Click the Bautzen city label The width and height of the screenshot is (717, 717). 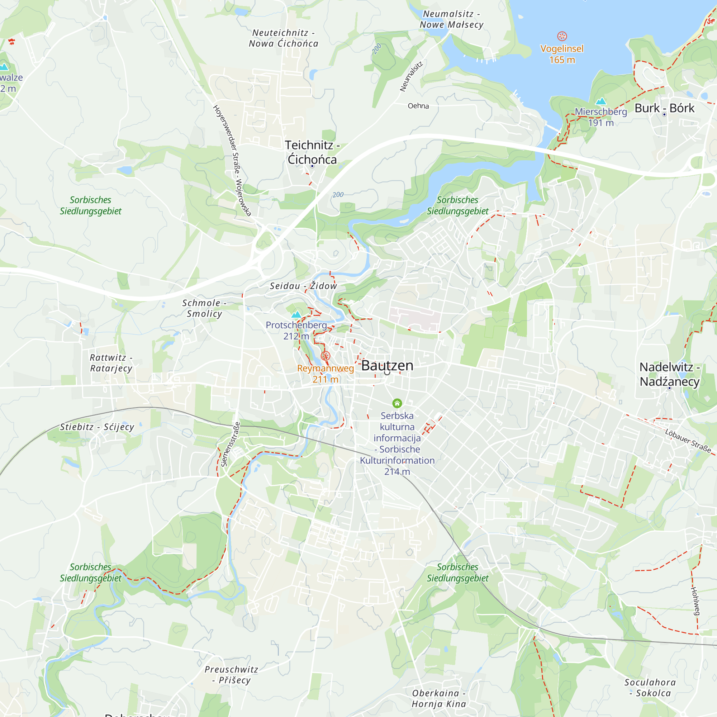click(387, 366)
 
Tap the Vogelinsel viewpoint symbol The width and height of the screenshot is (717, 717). click(562, 36)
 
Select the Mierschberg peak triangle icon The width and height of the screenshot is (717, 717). click(600, 101)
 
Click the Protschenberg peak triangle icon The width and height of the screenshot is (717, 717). click(296, 315)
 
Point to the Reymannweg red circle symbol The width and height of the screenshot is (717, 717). click(325, 356)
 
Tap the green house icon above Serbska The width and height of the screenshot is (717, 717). click(397, 403)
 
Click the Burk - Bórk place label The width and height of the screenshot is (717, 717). click(664, 108)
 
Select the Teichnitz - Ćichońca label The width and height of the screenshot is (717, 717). click(312, 152)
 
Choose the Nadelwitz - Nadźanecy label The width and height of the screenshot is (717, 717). click(669, 374)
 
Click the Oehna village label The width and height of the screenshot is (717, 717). click(418, 106)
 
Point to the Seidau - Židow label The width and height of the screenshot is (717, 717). click(303, 286)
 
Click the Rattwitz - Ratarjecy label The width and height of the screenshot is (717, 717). click(111, 363)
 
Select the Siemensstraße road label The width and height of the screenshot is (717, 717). click(230, 444)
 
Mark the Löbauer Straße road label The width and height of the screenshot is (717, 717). click(688, 441)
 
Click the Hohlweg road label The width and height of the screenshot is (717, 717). click(695, 601)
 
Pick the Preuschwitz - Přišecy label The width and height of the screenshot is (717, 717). click(231, 675)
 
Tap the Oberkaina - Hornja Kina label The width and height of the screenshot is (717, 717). click(439, 698)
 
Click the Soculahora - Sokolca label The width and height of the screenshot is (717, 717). click(650, 688)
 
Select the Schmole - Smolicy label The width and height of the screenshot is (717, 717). click(204, 308)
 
